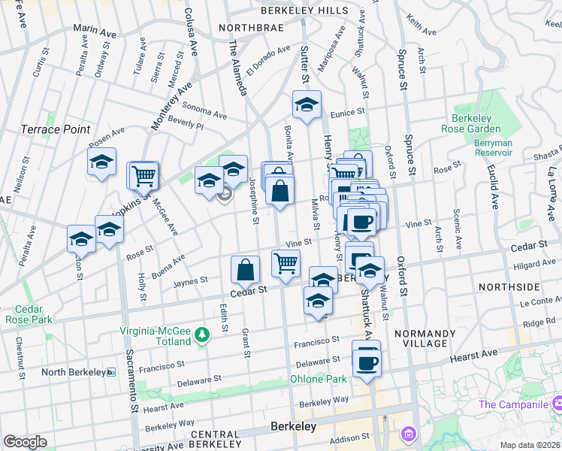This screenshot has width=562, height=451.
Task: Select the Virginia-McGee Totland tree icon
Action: pos(201,334)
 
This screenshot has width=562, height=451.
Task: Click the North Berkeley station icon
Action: pos(110,372)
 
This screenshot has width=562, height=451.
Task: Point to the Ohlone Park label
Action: pos(319,379)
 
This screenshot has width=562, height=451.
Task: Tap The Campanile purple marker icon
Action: pos(557,405)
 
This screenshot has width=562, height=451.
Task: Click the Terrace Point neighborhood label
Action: pos(56,129)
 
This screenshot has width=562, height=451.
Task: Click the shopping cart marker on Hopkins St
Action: pos(144,176)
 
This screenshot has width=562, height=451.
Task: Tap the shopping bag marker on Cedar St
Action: pos(245,269)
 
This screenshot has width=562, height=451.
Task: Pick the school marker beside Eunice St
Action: pos(306,106)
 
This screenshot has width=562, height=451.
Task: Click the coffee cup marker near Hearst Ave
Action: pos(366,362)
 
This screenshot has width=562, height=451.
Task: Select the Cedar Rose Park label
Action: pos(29,313)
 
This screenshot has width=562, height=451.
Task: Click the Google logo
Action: pos(25,441)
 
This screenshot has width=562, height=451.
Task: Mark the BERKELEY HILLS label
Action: pos(304,11)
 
